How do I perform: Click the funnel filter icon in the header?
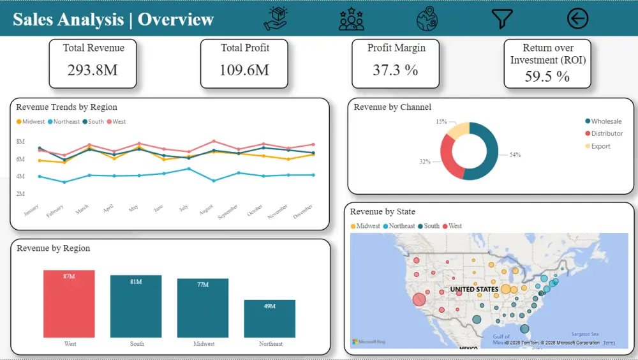[502, 19]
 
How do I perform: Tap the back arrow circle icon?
[577, 19]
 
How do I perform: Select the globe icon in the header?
[427, 19]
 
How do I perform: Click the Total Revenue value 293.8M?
[93, 70]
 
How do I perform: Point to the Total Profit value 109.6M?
[244, 70]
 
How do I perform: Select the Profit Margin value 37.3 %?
[396, 70]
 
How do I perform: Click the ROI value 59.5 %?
[547, 77]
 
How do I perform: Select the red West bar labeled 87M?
[69, 304]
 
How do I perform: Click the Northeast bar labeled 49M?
[270, 319]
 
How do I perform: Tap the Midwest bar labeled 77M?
[203, 308]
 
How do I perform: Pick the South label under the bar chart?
[137, 344]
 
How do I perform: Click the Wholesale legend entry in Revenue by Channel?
[605, 121]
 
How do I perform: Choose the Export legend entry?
[600, 146]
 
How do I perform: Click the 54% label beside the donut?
[515, 154]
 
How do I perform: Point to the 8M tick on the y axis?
[20, 141]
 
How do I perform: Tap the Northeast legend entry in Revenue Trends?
[66, 121]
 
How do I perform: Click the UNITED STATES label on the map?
[474, 289]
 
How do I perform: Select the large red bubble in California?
[419, 299]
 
